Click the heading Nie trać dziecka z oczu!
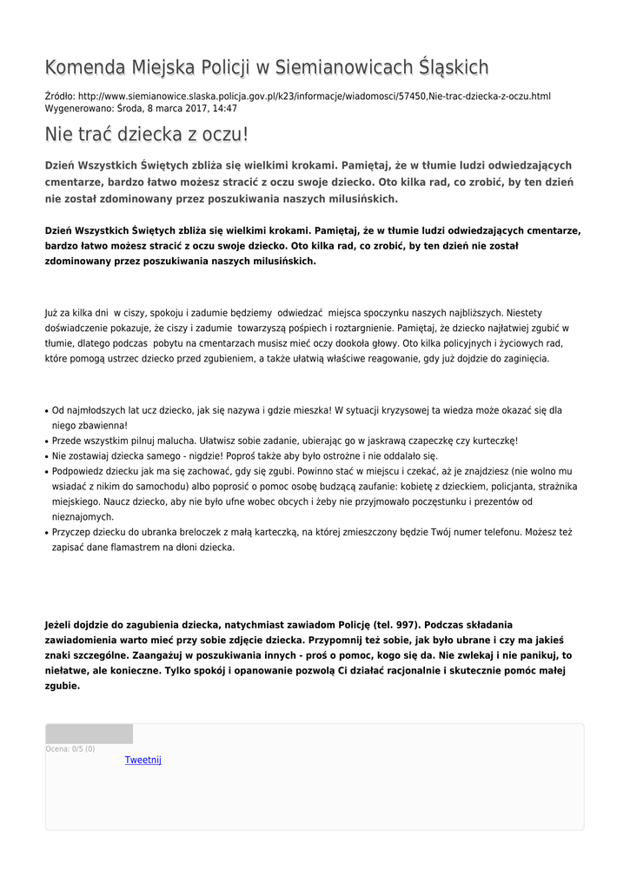147,135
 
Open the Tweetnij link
143,760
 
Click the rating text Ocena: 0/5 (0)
70,748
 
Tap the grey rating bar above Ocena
90,734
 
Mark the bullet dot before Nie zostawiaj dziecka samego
46,456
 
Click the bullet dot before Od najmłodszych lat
46,410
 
